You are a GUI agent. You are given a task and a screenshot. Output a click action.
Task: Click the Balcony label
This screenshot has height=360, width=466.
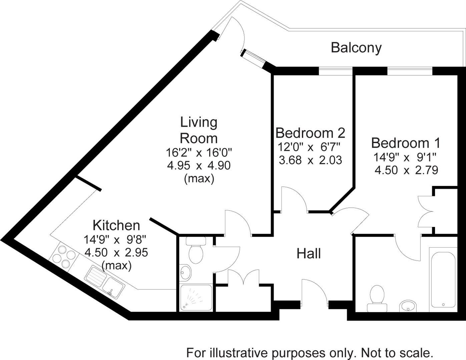point(356,48)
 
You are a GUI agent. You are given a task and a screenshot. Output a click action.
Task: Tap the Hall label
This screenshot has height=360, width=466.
point(309,254)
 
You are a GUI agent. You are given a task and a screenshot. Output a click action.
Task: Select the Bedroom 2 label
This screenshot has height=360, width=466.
point(310,133)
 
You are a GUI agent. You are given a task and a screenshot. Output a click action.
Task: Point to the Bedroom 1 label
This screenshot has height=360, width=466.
point(406,143)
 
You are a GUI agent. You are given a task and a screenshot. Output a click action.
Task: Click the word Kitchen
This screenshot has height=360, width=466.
point(116,226)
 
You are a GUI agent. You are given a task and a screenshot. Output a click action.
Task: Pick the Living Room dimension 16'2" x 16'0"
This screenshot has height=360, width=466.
point(199,153)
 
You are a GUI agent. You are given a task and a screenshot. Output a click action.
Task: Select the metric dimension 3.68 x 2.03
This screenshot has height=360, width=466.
point(310,160)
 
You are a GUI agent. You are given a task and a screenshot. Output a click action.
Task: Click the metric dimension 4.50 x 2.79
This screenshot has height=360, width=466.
point(406,170)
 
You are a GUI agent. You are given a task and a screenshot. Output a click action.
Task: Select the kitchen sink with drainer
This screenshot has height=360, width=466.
point(105,282)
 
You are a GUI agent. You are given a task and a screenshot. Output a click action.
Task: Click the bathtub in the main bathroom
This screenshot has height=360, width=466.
point(443,278)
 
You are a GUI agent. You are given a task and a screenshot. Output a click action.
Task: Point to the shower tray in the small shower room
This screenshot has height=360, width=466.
point(195,298)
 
